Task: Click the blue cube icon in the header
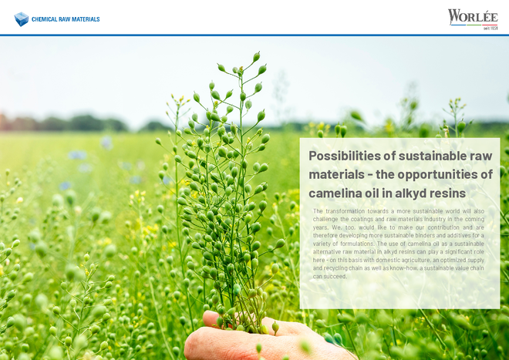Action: pyautogui.click(x=22, y=19)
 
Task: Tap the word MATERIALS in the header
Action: pyautogui.click(x=86, y=19)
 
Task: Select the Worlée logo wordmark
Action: pyautogui.click(x=473, y=17)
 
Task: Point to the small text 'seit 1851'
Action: pyautogui.click(x=490, y=29)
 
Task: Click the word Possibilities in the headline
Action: pyautogui.click(x=345, y=156)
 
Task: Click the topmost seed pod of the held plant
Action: pyautogui.click(x=257, y=57)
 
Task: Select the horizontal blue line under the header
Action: pyautogui.click(x=254, y=35)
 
